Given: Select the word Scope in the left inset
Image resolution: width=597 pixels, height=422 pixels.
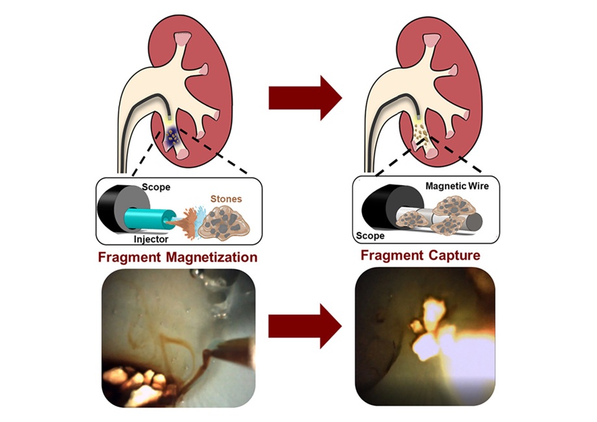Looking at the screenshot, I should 157,187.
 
